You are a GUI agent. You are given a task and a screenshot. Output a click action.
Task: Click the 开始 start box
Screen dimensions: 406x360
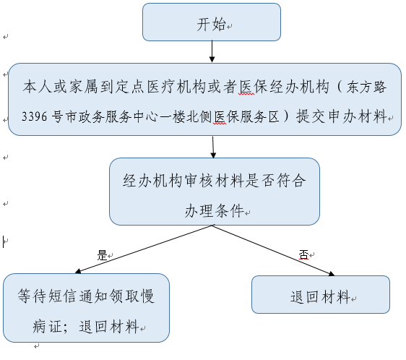pyautogui.click(x=212, y=22)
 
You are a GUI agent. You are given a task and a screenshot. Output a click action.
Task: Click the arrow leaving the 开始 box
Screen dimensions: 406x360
pyautogui.click(x=212, y=51)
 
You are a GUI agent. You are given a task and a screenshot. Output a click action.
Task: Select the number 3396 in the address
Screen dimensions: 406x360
pyautogui.click(x=35, y=116)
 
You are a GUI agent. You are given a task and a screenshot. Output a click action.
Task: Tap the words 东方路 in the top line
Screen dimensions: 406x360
pyautogui.click(x=366, y=87)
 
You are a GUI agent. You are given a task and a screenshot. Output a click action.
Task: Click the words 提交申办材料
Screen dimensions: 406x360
pyautogui.click(x=342, y=116)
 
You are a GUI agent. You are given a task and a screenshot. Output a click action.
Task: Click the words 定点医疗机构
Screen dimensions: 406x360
pyautogui.click(x=162, y=87)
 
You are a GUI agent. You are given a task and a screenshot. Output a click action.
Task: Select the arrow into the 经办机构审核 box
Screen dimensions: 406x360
pyautogui.click(x=213, y=147)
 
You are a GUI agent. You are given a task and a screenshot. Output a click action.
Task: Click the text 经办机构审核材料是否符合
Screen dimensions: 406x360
pyautogui.click(x=214, y=181)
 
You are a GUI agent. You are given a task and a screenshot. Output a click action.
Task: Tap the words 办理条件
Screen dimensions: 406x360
pyautogui.click(x=214, y=210)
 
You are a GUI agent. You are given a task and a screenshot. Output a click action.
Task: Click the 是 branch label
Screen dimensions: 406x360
pyautogui.click(x=102, y=255)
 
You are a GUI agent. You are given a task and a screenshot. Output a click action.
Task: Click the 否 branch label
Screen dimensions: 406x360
pyautogui.click(x=303, y=254)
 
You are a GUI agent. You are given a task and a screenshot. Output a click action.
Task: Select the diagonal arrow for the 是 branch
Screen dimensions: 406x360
pyautogui.click(x=144, y=249)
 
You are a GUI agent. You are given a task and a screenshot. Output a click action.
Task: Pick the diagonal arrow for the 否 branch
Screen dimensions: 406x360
pyautogui.click(x=274, y=250)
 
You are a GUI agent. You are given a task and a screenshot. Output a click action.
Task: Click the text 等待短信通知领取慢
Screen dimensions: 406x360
pyautogui.click(x=86, y=296)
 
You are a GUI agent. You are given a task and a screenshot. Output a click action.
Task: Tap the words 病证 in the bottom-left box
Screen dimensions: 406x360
pyautogui.click(x=48, y=326)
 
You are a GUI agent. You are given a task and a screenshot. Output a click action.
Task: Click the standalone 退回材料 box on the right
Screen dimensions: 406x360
pyautogui.click(x=321, y=295)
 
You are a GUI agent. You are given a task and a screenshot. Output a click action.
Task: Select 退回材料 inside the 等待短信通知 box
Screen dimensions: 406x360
pyautogui.click(x=109, y=326)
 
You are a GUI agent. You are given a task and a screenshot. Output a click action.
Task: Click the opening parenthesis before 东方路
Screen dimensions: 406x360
pyautogui.click(x=340, y=87)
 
